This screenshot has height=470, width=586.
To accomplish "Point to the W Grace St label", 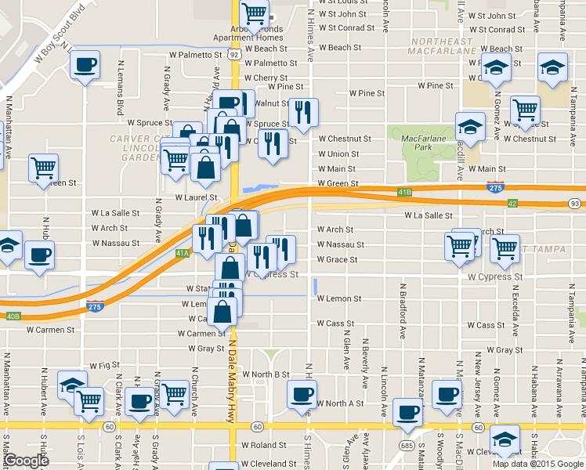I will [337, 259].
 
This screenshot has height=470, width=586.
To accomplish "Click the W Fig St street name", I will [103, 365].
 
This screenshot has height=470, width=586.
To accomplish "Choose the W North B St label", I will [266, 374].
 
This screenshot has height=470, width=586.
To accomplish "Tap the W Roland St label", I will [264, 445].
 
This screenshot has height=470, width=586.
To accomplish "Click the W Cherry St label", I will [266, 78].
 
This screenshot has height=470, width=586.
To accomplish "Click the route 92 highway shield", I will [234, 55].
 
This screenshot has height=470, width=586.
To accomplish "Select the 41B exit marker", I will [404, 191].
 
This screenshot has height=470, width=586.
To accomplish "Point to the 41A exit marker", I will [182, 253].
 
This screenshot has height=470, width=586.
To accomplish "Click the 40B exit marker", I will [13, 316].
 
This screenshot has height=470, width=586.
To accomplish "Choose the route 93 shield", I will [576, 204].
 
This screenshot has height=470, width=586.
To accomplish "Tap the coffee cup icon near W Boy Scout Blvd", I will [85, 66].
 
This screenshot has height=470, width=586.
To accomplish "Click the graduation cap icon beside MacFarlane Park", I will [470, 128].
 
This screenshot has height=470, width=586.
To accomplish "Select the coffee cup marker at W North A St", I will [302, 394].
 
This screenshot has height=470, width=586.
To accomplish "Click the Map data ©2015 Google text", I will [537, 463].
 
